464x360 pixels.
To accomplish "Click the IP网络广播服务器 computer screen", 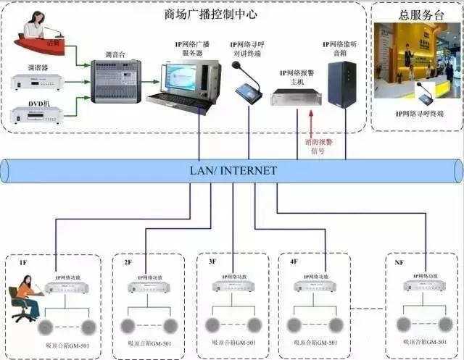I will click(181, 76).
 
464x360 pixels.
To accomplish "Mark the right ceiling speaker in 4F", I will click(333, 324).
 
